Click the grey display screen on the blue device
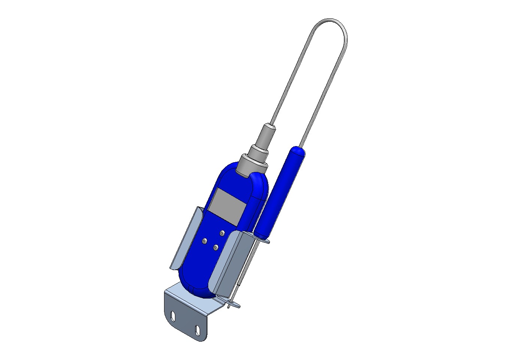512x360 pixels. (x=227, y=207)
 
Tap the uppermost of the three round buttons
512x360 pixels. (x=222, y=233)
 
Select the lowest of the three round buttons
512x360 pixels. (x=216, y=247)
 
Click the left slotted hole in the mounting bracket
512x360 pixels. (x=172, y=317)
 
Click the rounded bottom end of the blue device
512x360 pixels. (x=197, y=290)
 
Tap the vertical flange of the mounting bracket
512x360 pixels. (x=185, y=322)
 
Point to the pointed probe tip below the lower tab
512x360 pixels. (x=229, y=307)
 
